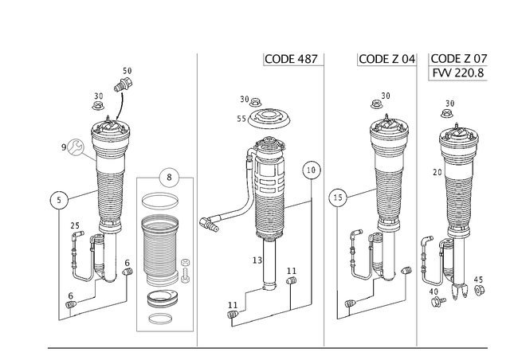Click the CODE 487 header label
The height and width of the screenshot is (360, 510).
291,59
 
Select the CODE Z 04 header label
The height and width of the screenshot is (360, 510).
387,59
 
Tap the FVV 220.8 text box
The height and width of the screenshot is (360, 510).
458,72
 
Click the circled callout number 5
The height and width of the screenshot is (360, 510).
59,200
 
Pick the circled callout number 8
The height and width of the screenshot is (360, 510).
169,178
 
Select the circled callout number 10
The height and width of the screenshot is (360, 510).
312,170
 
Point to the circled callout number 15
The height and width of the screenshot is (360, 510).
338,198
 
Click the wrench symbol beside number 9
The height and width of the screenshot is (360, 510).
76,147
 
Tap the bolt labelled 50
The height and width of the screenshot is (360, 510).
123,84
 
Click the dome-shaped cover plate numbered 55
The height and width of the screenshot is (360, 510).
269,119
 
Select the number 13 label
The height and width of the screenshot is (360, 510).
257,260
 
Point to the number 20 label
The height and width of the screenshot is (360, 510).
437,172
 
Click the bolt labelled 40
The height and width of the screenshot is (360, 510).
437,301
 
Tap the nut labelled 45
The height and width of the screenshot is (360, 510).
479,290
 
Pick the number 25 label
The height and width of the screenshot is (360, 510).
75,225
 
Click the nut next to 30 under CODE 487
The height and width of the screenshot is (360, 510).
256,103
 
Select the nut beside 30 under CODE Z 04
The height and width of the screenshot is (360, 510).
376,104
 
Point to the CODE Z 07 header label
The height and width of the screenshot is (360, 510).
459,58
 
